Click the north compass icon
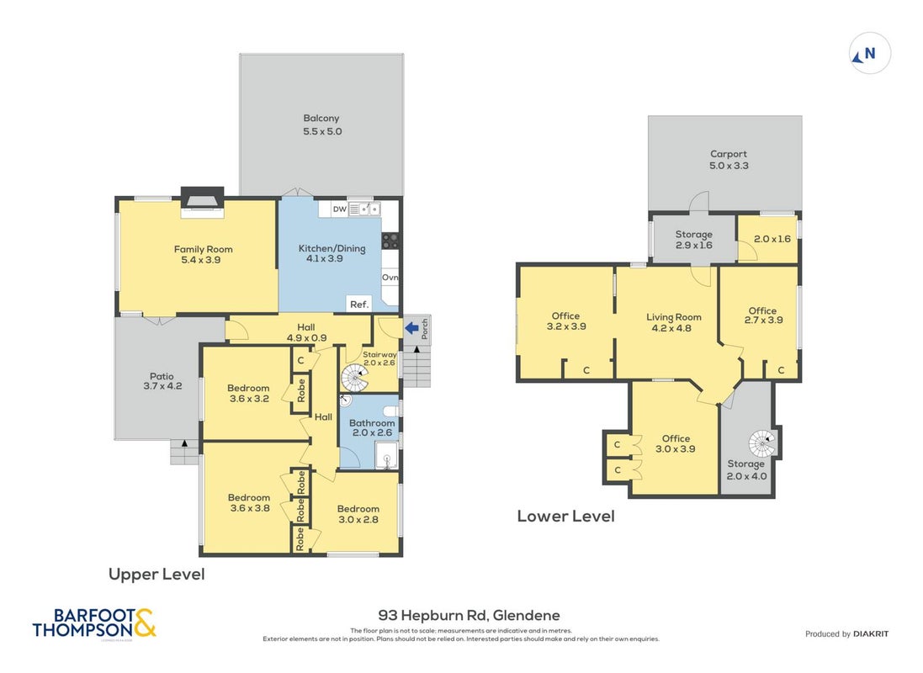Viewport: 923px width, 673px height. [x=869, y=54]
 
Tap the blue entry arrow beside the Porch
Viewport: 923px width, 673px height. [x=411, y=328]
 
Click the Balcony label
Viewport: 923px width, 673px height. [x=321, y=118]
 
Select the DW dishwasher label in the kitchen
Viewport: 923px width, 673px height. [x=340, y=209]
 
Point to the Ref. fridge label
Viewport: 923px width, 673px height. [x=359, y=305]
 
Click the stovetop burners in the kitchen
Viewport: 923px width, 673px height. [x=390, y=241]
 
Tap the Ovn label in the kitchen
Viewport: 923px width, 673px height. [x=390, y=278]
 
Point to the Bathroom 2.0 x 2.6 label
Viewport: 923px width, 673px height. [x=372, y=427]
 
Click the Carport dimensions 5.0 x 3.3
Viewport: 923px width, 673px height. [x=729, y=166]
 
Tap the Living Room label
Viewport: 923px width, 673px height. [x=673, y=317]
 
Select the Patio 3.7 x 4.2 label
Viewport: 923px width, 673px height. [x=162, y=381]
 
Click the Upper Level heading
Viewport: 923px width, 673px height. [x=156, y=574]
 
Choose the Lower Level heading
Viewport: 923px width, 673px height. [x=565, y=516]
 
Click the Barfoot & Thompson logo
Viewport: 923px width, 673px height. [x=94, y=623]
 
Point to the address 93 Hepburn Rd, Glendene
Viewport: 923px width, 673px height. [x=469, y=616]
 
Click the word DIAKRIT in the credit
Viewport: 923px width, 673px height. [x=871, y=633]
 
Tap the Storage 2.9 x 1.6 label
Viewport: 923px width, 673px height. [x=694, y=240]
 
